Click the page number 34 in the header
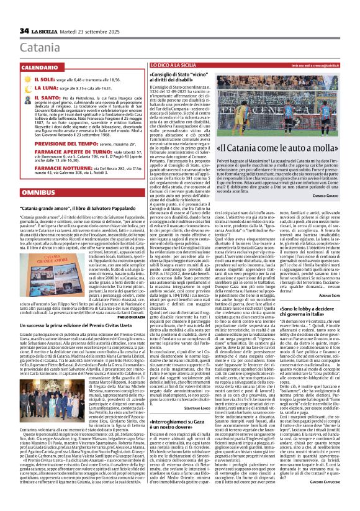[24, 30]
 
